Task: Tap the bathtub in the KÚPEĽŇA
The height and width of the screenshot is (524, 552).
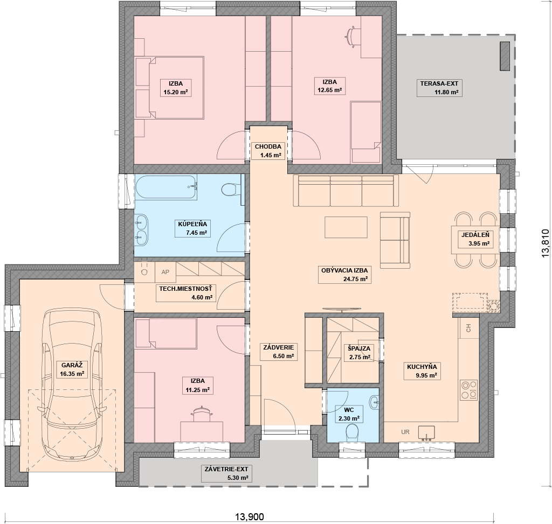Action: pyautogui.click(x=166, y=187)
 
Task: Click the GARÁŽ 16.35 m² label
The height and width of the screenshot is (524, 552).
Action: pyautogui.click(x=72, y=369)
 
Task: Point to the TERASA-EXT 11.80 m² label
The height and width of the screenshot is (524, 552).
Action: pyautogui.click(x=439, y=88)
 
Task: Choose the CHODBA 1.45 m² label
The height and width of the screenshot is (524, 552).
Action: pyautogui.click(x=268, y=151)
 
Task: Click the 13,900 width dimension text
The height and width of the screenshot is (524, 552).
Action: pyautogui.click(x=249, y=516)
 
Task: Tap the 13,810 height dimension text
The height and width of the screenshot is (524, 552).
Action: pyautogui.click(x=545, y=243)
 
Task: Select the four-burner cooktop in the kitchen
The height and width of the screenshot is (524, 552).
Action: pyautogui.click(x=469, y=390)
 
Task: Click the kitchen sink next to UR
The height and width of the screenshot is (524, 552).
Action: pyautogui.click(x=426, y=433)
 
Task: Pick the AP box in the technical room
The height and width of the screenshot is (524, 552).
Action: pyautogui.click(x=165, y=272)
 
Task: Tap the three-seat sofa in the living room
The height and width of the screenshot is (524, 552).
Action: pyautogui.click(x=346, y=190)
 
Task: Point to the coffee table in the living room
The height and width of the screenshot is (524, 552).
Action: pyautogui.click(x=346, y=227)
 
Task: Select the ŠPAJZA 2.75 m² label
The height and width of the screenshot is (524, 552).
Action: pyautogui.click(x=359, y=353)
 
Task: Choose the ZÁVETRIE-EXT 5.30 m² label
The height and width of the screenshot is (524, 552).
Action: pyautogui.click(x=227, y=473)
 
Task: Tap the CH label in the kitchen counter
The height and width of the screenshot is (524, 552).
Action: pyautogui.click(x=468, y=329)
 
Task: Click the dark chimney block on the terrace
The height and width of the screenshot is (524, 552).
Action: pyautogui.click(x=505, y=56)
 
